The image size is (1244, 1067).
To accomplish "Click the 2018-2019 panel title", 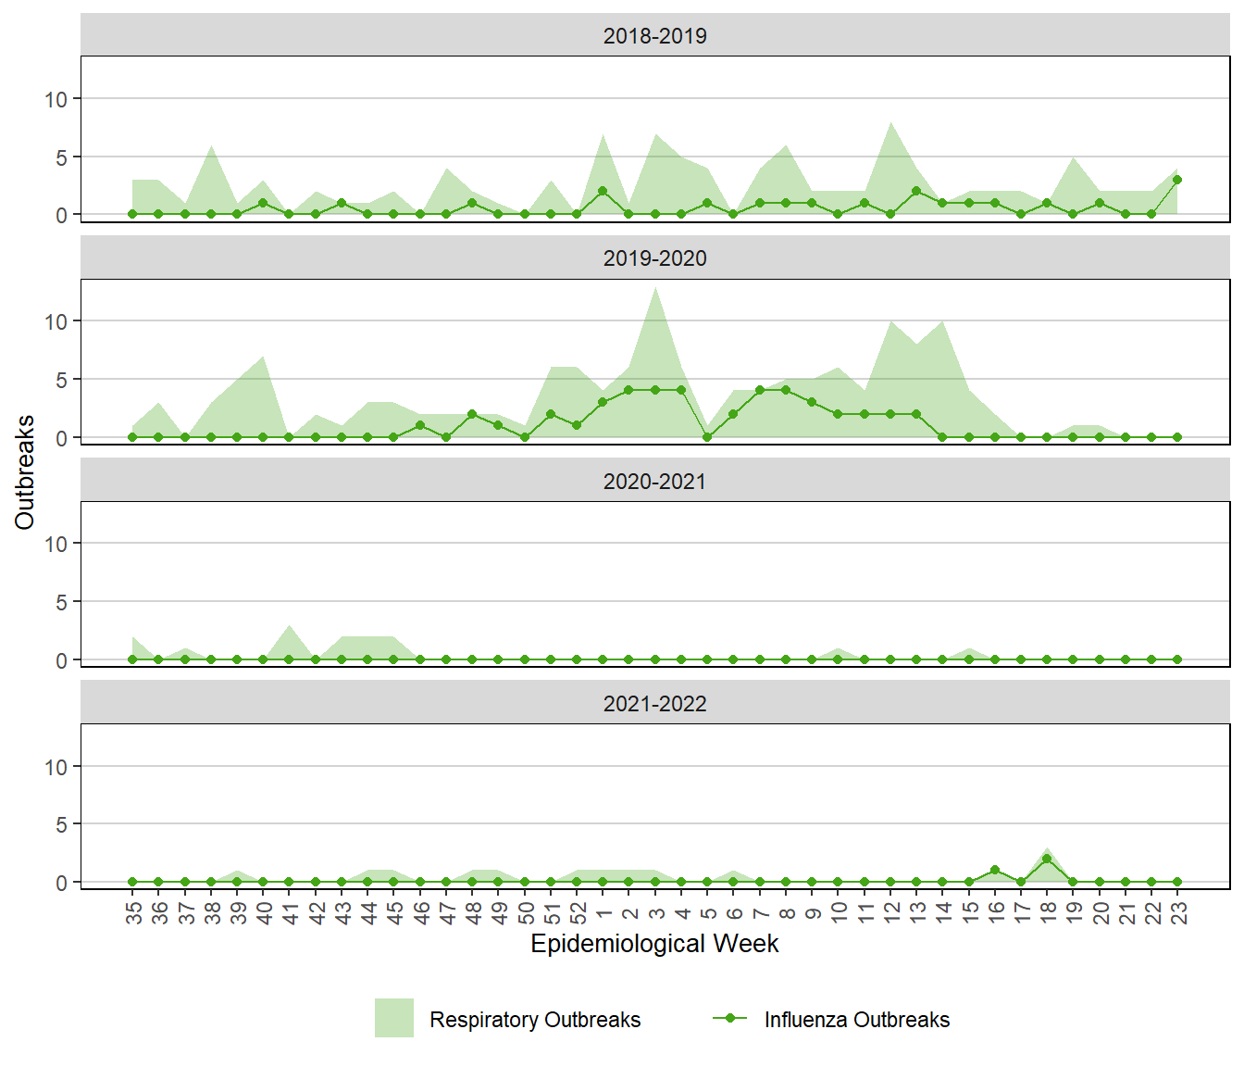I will click(654, 36).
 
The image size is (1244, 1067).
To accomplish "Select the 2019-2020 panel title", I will click(654, 258).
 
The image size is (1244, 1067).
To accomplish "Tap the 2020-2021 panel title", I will click(654, 482).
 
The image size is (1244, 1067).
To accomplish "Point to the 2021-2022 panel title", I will click(654, 704).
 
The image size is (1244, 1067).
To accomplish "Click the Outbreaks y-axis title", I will click(25, 472).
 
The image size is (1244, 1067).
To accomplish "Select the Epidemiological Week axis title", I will click(654, 944).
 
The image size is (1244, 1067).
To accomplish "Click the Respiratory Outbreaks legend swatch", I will click(394, 1018).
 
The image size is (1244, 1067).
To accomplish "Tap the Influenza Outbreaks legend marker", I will click(730, 1018).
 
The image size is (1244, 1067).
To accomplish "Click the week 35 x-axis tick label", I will click(134, 913).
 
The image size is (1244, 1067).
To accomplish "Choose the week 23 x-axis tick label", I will click(1178, 913).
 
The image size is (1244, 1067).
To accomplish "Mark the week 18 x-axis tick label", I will click(1048, 913).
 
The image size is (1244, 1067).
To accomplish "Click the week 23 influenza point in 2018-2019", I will click(1177, 180).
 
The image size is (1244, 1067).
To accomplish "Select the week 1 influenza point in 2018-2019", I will click(603, 191).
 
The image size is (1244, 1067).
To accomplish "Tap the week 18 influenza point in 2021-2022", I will click(1047, 859).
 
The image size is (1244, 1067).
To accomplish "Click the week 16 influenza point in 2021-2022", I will click(995, 870).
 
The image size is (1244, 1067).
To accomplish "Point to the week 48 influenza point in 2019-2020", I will click(472, 414).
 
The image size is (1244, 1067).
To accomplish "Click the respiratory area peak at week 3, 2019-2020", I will click(655, 289).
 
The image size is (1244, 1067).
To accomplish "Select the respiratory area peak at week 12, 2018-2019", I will click(890, 123).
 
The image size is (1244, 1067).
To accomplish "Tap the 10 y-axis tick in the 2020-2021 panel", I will click(56, 544).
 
